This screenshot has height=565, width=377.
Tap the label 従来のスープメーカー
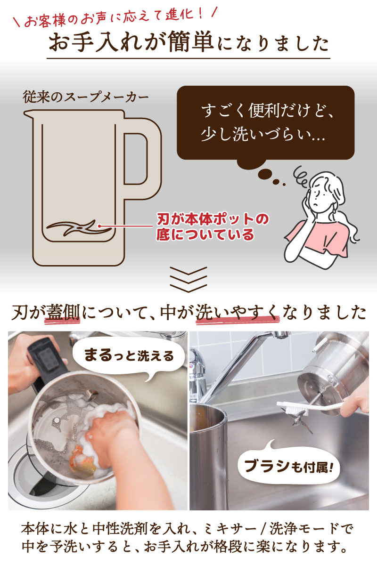coord(86,97)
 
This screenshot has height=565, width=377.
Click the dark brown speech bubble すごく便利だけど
coord(265,123)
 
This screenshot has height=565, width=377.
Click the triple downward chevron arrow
coord(188,279)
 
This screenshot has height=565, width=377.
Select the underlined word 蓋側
coord(63,312)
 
